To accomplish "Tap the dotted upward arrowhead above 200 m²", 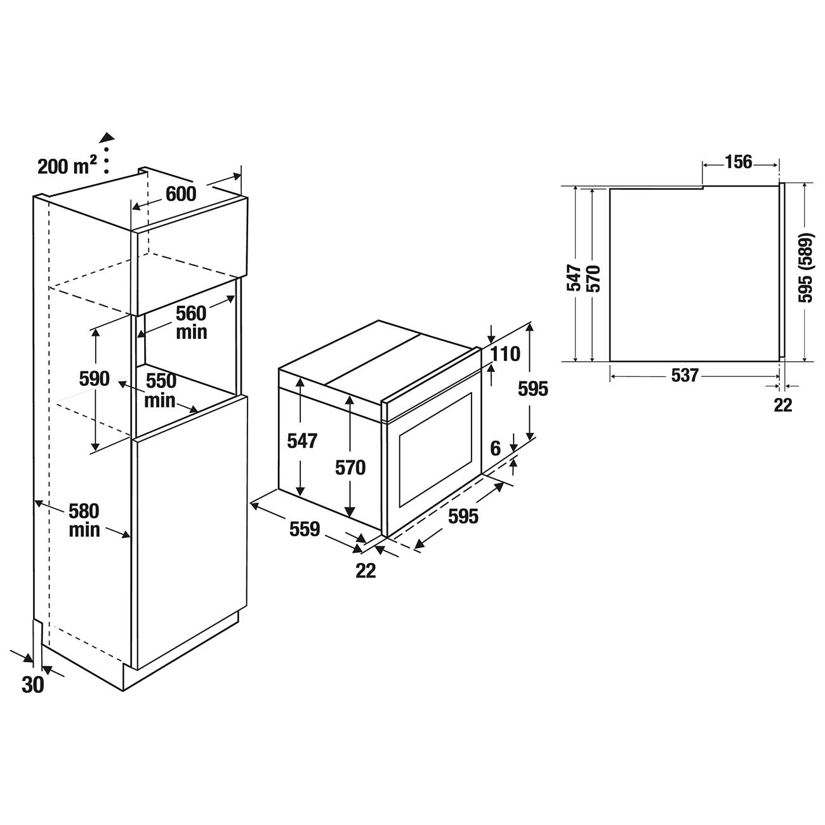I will coord(107,136).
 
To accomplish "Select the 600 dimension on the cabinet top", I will coord(181,194).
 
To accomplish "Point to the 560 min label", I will coord(192,322).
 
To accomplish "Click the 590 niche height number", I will coord(95,378).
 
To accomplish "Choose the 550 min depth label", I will coord(161,390).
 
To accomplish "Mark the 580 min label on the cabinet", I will coord(84,520).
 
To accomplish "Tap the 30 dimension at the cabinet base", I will coord(33,685).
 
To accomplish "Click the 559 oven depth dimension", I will coord(305,529).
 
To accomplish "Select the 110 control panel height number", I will coord(506,353).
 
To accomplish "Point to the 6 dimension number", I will coord(496,448).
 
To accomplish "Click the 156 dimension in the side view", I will coord(738,162).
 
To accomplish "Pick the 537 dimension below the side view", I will coord(685,376).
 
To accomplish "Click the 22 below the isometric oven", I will coord(366,571).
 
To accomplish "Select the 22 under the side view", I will coord(783,405).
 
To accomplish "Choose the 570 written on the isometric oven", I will coord(351,468).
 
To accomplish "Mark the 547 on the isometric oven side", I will coord(301,440).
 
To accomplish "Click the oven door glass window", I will coord(435,449).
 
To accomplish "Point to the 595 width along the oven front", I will coord(463,516).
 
